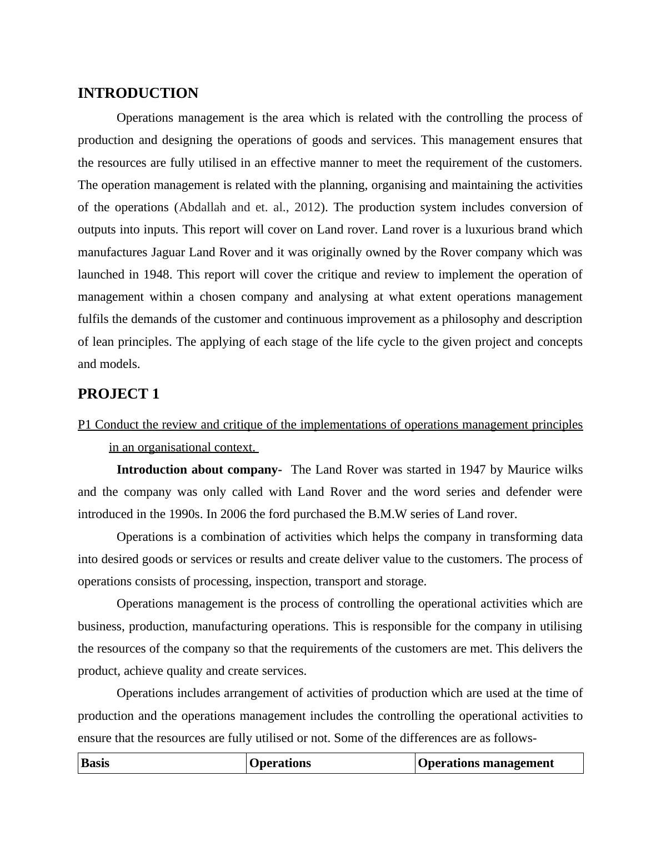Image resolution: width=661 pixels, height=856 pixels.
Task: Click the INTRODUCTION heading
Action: click(x=138, y=93)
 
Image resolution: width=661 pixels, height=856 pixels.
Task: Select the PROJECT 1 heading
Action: click(x=118, y=394)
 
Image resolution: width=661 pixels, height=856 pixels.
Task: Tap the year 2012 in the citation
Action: click(x=307, y=207)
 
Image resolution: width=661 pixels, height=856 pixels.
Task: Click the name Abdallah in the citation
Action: click(x=203, y=207)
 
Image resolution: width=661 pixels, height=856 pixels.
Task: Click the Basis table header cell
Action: click(x=96, y=763)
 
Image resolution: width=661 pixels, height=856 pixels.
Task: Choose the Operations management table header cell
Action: click(x=485, y=763)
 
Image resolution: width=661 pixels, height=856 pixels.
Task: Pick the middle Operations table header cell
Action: click(x=280, y=763)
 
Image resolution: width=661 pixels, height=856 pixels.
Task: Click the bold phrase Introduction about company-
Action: click(x=199, y=470)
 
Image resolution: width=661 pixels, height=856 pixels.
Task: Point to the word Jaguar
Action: click(x=168, y=252)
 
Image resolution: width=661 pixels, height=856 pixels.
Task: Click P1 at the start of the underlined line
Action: click(x=85, y=425)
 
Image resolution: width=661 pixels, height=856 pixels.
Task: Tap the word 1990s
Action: click(x=186, y=514)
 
